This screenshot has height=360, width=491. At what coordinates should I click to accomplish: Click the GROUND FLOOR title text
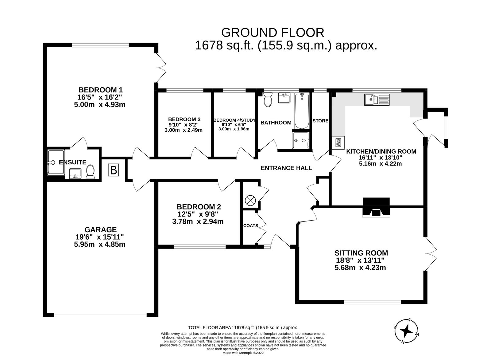[273, 32]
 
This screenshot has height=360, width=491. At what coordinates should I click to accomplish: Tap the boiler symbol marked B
[114, 170]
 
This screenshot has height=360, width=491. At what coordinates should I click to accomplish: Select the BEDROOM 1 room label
[100, 90]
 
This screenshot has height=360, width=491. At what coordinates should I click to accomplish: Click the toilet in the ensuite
[90, 172]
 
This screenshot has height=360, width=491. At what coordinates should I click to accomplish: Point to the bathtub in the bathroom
[302, 112]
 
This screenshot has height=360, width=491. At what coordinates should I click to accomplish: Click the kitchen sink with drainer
[377, 100]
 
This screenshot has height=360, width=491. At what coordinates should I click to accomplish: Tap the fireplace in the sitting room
[376, 208]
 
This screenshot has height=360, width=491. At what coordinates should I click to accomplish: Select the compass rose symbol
[408, 331]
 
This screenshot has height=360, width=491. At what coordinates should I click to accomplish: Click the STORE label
[320, 121]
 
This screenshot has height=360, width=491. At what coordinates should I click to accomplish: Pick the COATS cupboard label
[250, 225]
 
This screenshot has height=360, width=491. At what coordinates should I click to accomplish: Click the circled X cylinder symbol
[250, 201]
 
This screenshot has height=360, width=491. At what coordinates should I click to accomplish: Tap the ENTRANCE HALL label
[286, 168]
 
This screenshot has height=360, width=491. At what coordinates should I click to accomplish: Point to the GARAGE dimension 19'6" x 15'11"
[100, 237]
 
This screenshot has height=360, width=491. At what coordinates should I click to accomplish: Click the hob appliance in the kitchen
[338, 143]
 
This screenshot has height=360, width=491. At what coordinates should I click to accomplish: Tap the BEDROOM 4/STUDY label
[234, 120]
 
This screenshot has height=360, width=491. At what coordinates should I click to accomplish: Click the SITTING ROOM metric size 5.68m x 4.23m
[360, 268]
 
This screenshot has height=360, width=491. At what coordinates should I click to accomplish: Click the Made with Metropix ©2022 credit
[243, 353]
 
